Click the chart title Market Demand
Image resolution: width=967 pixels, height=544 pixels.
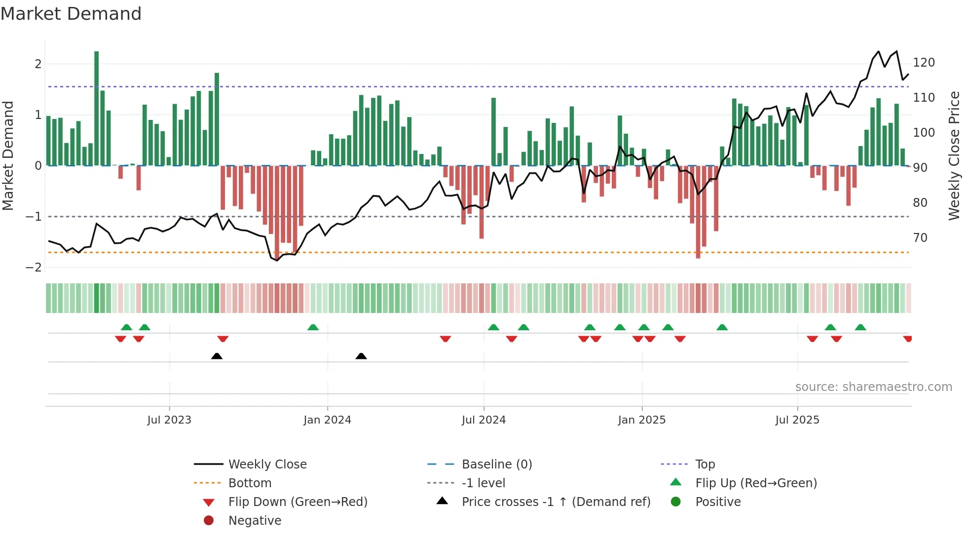[x=71, y=14]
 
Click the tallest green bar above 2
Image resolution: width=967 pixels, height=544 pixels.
[x=97, y=109]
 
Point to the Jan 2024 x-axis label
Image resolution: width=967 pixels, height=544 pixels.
[x=327, y=420]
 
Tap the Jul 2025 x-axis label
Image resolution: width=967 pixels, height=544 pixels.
[x=797, y=420]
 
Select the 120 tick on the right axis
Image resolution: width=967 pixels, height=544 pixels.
[x=924, y=63]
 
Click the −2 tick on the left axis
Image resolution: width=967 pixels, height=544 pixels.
[x=34, y=268]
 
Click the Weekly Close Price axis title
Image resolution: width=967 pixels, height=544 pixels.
[x=954, y=155]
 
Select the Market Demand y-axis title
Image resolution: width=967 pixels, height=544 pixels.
[x=8, y=155]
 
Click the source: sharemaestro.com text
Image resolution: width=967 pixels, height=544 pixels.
[x=873, y=387]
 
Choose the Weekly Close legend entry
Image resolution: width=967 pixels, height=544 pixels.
[x=267, y=465]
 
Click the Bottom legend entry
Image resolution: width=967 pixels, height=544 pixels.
[x=250, y=483]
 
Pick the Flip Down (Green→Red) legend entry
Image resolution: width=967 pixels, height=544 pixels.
[x=298, y=502]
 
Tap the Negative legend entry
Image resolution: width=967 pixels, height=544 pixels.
[x=255, y=521]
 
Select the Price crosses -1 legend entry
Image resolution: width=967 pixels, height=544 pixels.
[x=556, y=502]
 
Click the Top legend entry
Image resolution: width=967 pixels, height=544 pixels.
[x=705, y=465]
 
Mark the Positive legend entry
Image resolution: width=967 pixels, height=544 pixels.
[x=718, y=502]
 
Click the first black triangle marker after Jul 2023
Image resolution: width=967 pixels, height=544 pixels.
[x=217, y=356]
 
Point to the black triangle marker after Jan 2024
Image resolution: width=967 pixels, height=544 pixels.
[x=361, y=356]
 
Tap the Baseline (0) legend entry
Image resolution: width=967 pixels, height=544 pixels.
[x=496, y=465]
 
